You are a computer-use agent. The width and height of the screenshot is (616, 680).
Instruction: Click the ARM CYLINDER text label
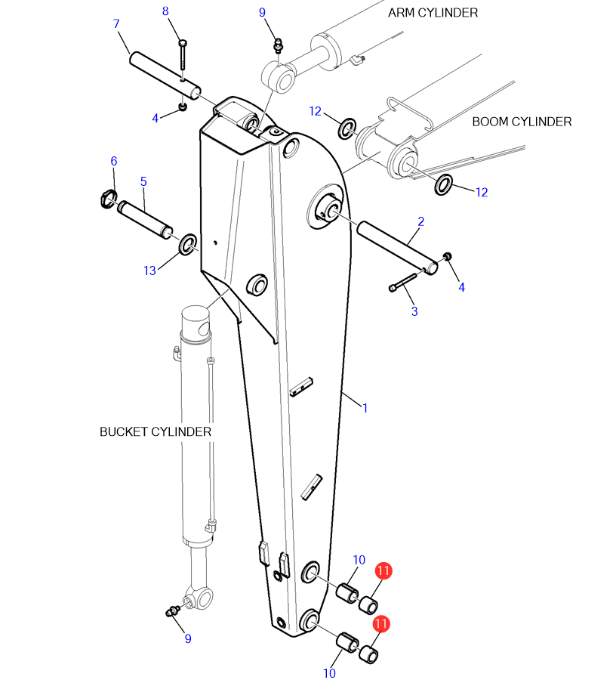[433, 13]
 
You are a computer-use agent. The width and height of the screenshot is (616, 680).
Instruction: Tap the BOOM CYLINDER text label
[522, 122]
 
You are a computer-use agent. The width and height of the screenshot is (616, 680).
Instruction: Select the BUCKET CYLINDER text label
[156, 432]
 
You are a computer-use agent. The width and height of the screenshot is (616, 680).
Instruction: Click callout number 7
[116, 24]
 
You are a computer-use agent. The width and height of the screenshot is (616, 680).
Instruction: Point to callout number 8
[165, 11]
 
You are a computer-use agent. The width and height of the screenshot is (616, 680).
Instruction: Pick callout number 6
[114, 162]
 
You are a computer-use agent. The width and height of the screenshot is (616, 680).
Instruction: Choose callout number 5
[144, 181]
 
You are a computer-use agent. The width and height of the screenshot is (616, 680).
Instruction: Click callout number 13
[150, 271]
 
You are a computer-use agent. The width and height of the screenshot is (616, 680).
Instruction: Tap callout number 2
[421, 221]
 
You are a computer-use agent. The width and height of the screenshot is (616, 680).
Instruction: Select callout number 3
[414, 311]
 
